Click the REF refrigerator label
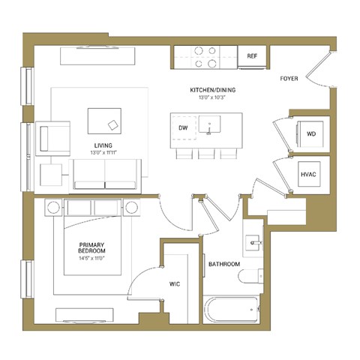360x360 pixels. coord(253,55)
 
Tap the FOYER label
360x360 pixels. coord(290,78)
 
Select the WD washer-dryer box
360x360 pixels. coord(311,133)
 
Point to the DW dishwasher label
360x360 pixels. coord(182,128)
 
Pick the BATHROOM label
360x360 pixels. coord(223,264)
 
